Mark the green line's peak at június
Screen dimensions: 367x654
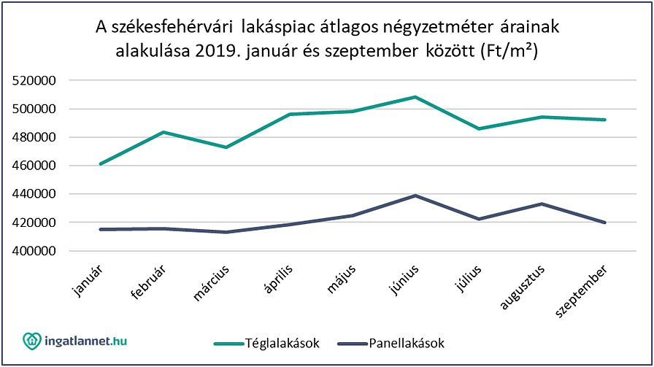click(415, 96)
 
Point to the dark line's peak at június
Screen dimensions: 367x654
click(415, 196)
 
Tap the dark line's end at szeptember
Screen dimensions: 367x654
click(605, 223)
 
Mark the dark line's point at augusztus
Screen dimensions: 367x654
click(542, 204)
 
